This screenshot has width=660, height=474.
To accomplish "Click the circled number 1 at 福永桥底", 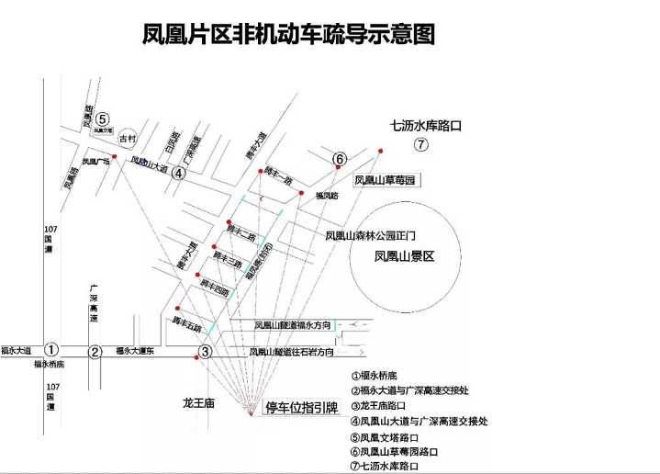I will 52,349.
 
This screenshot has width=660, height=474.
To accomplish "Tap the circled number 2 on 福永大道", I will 95,351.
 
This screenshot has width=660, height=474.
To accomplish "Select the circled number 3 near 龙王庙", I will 206,351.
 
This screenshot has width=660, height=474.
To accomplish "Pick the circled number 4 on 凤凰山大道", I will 180,172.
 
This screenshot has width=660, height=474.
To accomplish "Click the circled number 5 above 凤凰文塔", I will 103,118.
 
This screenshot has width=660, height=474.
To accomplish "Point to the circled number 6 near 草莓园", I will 339,160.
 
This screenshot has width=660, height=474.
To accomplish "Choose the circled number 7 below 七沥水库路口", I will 420,144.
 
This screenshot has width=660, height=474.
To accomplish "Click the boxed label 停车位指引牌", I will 302,408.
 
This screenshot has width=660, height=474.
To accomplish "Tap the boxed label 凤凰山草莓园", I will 386,180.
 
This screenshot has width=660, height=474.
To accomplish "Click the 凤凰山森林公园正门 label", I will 371,235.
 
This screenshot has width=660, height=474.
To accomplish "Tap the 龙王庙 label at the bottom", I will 197,403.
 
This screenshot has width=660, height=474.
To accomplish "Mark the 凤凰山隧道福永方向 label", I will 292,324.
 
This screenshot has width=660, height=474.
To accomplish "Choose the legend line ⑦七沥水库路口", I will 395,466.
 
